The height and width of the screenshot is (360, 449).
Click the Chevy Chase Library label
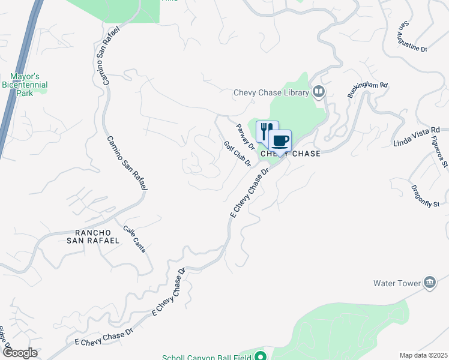271,92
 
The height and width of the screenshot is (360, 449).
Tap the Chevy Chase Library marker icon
319,92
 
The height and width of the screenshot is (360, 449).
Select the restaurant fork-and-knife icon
267,131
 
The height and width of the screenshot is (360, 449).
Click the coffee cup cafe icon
280,141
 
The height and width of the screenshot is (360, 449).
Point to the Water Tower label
396,283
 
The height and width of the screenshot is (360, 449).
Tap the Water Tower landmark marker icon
430,283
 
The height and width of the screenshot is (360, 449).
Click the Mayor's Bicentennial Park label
29,85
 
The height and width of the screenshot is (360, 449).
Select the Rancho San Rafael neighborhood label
97,236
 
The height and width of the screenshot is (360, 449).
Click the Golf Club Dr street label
237,154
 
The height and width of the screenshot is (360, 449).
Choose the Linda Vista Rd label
417,136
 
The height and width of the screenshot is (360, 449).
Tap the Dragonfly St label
426,196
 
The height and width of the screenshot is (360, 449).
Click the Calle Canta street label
134,239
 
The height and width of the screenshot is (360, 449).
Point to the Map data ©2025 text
423,355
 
